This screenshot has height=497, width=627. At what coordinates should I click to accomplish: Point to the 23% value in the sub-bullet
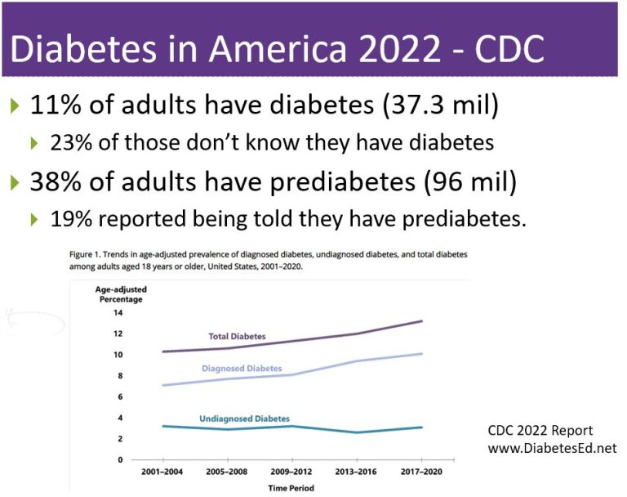(71, 143)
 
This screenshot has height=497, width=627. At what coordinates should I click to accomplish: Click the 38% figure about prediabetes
(56, 181)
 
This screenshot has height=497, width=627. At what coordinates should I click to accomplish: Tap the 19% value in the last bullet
(71, 219)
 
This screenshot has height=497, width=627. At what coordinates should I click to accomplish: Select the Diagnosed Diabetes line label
(242, 369)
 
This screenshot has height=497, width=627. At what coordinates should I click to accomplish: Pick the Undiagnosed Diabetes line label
(244, 419)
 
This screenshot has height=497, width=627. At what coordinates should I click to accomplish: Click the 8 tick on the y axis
(120, 375)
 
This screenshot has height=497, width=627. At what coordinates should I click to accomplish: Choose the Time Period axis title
(291, 488)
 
